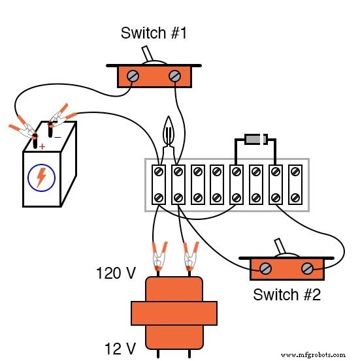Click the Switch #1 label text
(x=154, y=33)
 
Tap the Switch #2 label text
(x=287, y=294)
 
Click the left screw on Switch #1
(x=133, y=76)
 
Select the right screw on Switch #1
(x=174, y=76)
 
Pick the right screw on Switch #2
(x=307, y=268)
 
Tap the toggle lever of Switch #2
(x=282, y=248)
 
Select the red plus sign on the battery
(x=42, y=146)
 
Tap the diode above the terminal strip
(x=254, y=139)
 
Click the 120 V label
(x=116, y=273)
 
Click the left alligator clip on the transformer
(x=157, y=257)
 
